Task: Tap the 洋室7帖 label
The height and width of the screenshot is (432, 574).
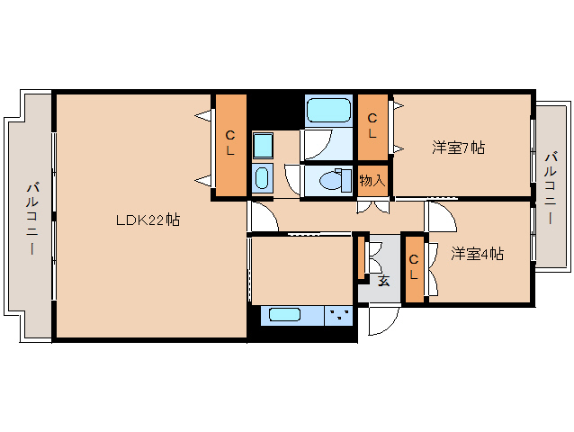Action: click(458, 147)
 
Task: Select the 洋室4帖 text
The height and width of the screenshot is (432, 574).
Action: click(477, 254)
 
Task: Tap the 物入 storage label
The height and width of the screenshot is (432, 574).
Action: click(372, 180)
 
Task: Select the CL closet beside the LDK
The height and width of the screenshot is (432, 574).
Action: click(230, 144)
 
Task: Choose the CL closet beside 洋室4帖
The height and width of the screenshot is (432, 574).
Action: click(414, 268)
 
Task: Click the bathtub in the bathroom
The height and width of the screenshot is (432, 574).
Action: click(328, 111)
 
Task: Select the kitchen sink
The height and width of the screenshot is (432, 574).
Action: click(284, 315)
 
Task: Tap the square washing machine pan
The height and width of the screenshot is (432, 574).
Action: click(262, 144)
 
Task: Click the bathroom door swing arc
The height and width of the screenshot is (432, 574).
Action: click(317, 144)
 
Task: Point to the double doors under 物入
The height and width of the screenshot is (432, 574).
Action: click(372, 206)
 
